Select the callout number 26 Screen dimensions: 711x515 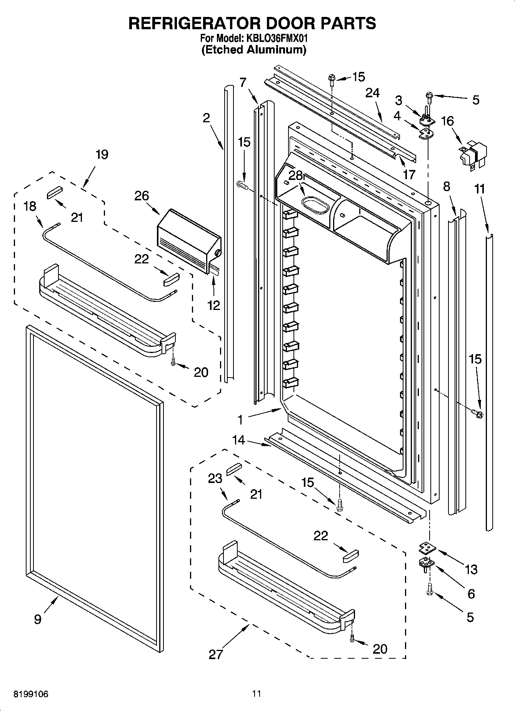pyautogui.click(x=142, y=196)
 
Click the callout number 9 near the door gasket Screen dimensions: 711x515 pyautogui.click(x=37, y=619)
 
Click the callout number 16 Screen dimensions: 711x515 pyautogui.click(x=447, y=121)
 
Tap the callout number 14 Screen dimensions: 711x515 pyautogui.click(x=239, y=440)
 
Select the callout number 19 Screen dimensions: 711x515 pyautogui.click(x=102, y=155)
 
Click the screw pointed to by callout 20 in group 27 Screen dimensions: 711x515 pyautogui.click(x=352, y=638)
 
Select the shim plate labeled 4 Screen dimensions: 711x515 pyautogui.click(x=425, y=133)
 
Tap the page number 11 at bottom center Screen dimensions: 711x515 pyautogui.click(x=257, y=694)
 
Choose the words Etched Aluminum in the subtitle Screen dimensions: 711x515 pyautogui.click(x=254, y=50)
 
